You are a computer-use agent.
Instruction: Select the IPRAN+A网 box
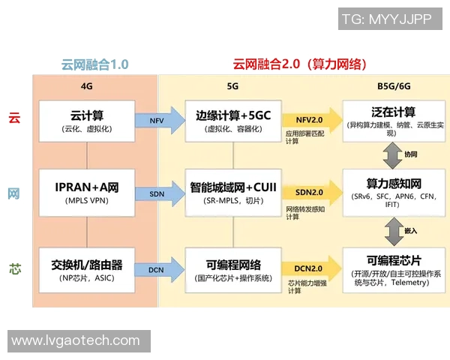click(87, 193)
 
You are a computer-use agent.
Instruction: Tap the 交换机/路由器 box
click(87, 270)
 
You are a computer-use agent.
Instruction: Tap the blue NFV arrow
click(160, 120)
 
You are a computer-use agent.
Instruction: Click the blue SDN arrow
click(160, 193)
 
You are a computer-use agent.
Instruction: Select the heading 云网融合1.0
click(94, 64)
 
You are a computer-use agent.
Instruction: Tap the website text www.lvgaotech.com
click(76, 340)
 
